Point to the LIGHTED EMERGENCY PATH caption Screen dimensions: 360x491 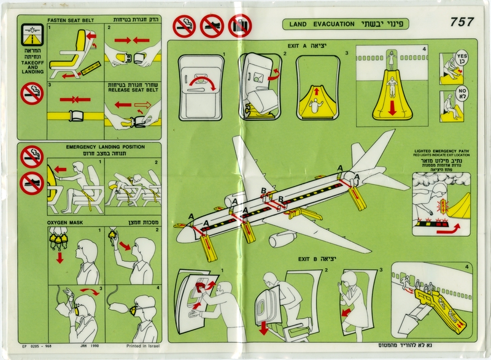point(443,151)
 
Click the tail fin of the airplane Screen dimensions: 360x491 point(369,154)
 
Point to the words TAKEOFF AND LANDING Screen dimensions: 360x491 point(29,66)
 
